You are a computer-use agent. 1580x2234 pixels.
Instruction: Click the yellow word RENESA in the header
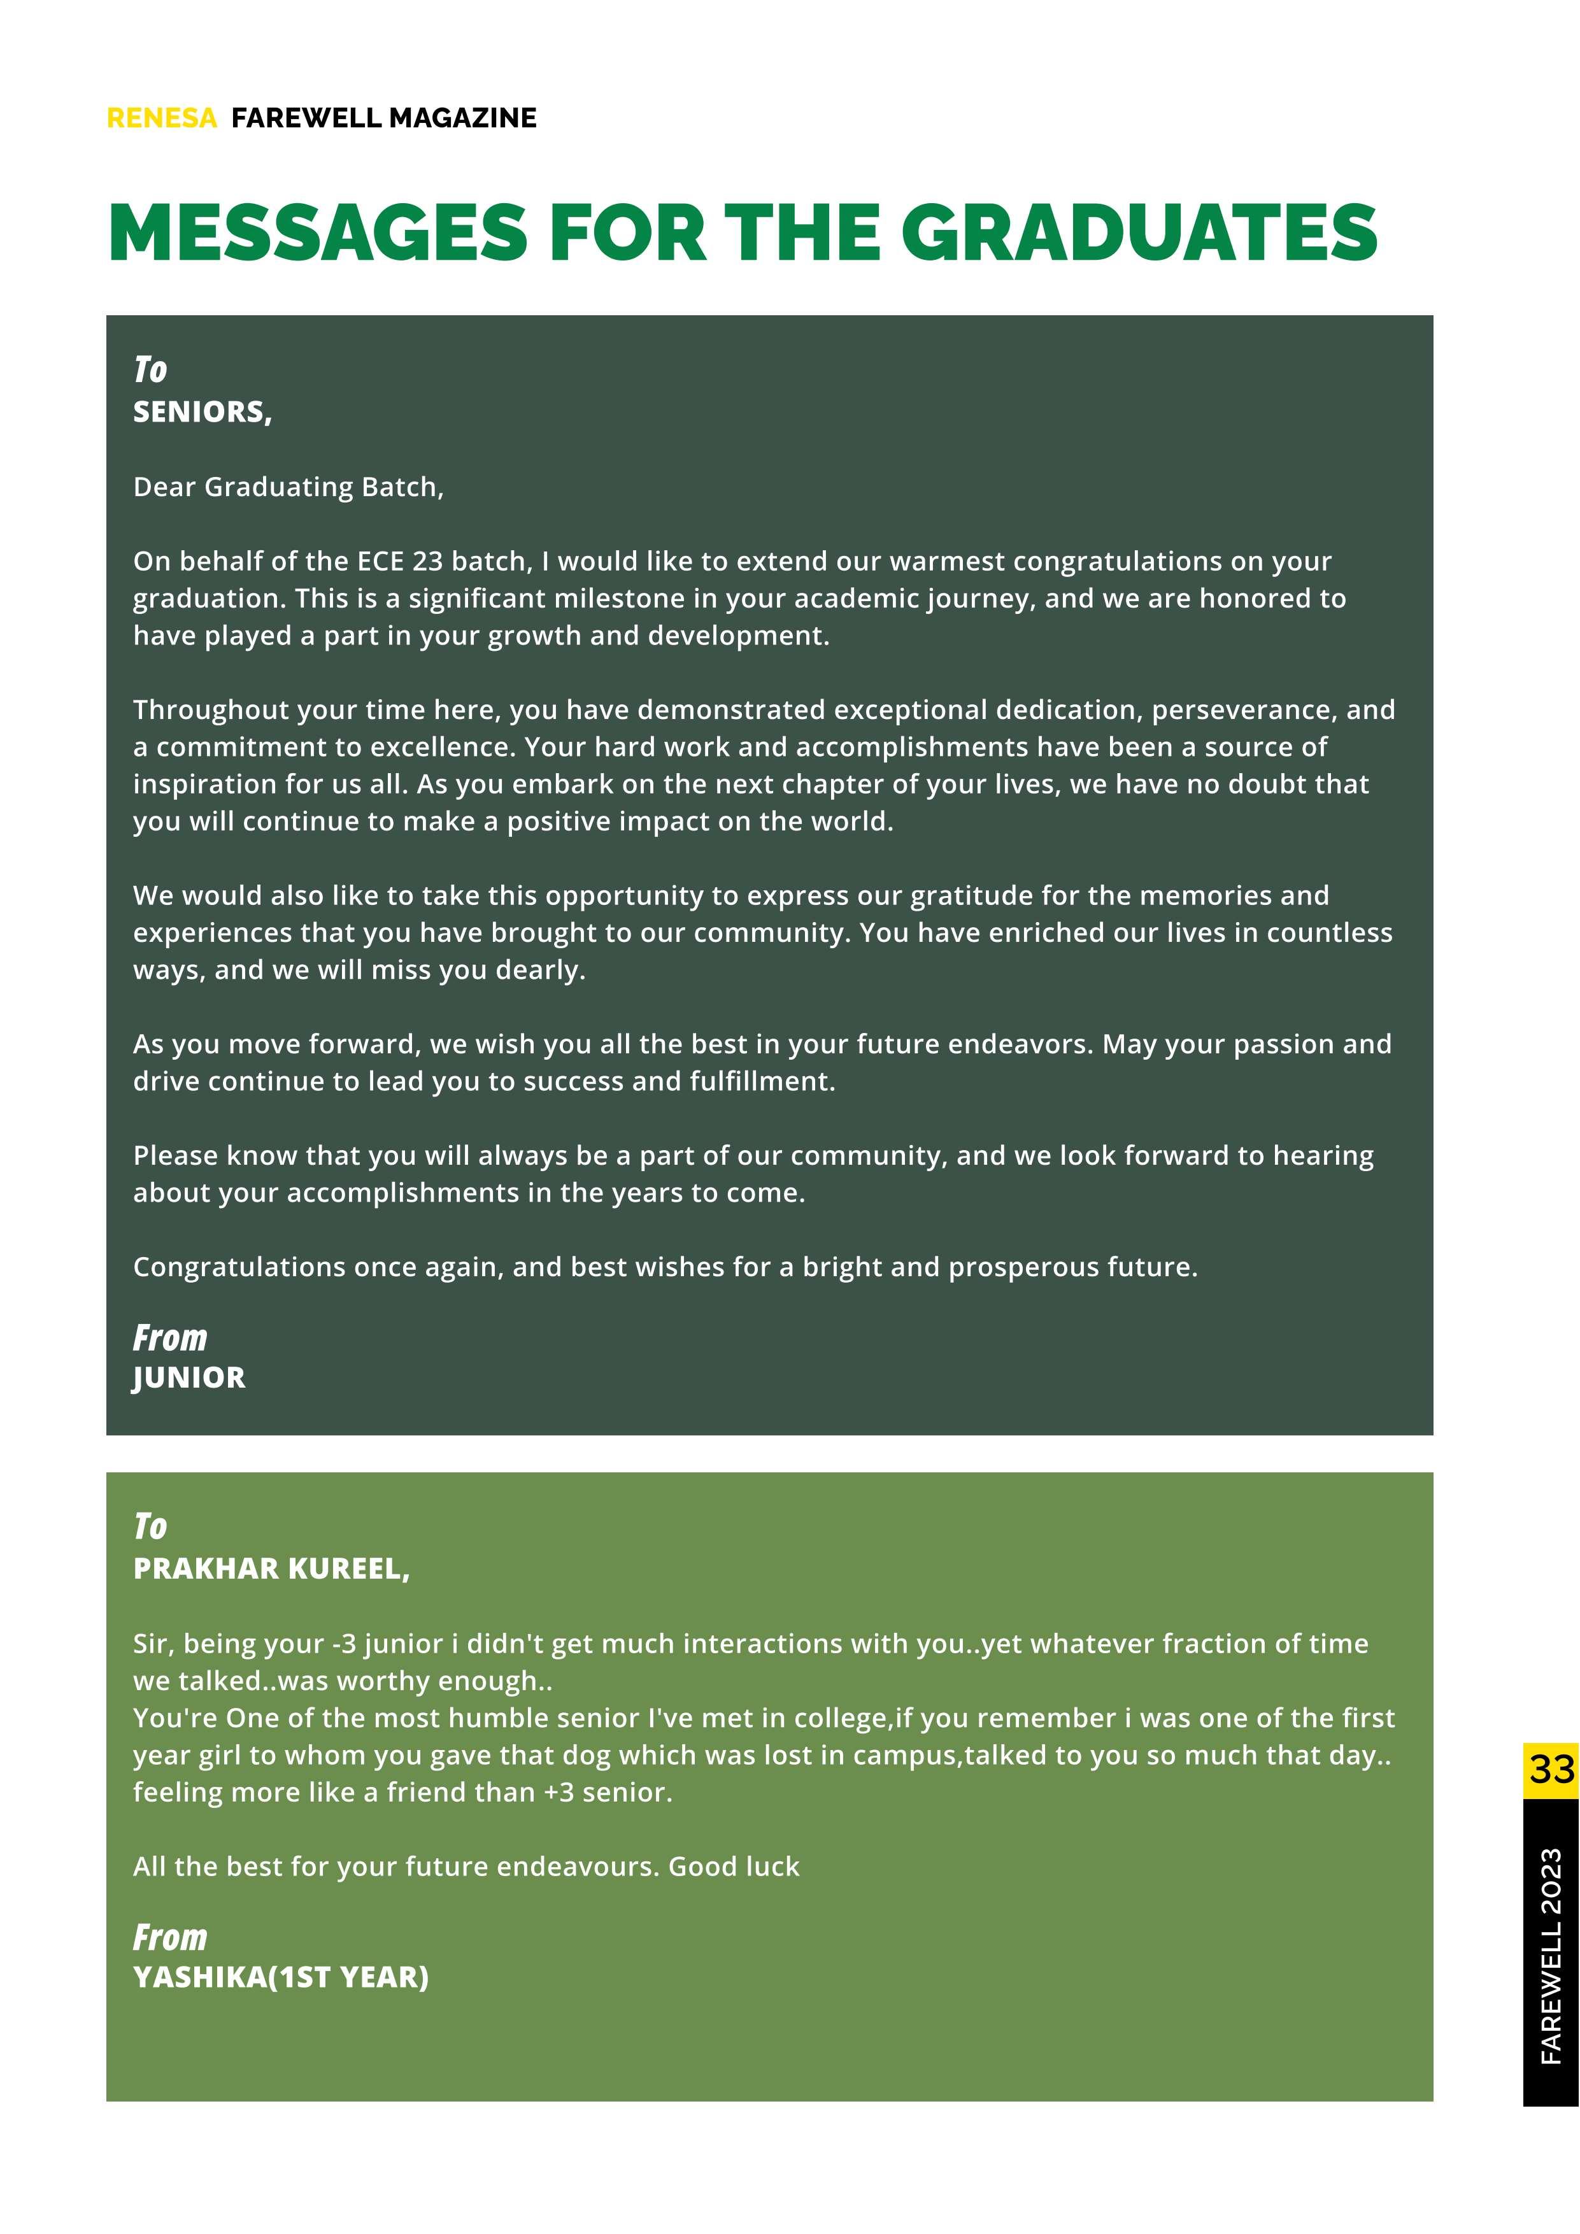(162, 118)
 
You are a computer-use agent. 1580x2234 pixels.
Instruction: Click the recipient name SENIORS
(201, 413)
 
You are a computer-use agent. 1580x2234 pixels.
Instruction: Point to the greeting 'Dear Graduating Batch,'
(288, 487)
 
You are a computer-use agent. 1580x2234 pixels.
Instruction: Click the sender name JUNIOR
(189, 1377)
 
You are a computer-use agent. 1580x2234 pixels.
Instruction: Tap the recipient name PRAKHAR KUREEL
(271, 1569)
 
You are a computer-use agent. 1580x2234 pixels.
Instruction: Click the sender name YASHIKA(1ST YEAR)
(280, 1977)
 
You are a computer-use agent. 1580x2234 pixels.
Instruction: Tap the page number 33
(1551, 1769)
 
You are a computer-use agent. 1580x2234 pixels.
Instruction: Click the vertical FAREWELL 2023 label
(1551, 1956)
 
